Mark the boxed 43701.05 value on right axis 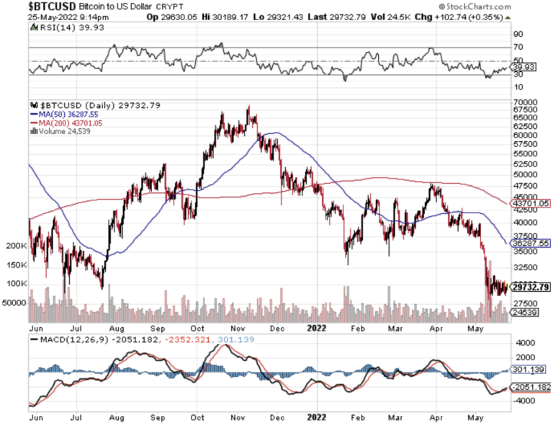pos(531,204)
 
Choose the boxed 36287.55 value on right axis pos(531,244)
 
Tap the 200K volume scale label pos(16,246)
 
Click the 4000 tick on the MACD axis pos(524,343)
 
